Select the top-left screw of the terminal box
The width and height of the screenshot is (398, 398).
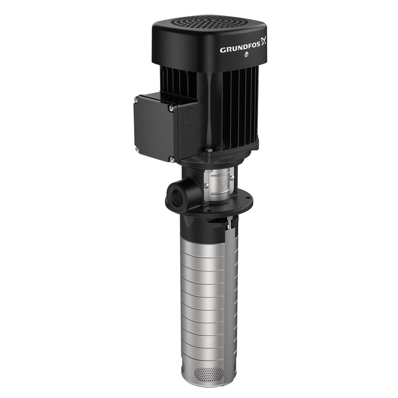(x=136, y=99)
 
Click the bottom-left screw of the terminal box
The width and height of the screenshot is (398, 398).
(x=136, y=148)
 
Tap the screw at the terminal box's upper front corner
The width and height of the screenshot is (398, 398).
(x=171, y=108)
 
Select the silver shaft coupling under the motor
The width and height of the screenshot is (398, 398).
(x=219, y=184)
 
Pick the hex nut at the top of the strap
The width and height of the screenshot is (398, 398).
(x=229, y=225)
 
